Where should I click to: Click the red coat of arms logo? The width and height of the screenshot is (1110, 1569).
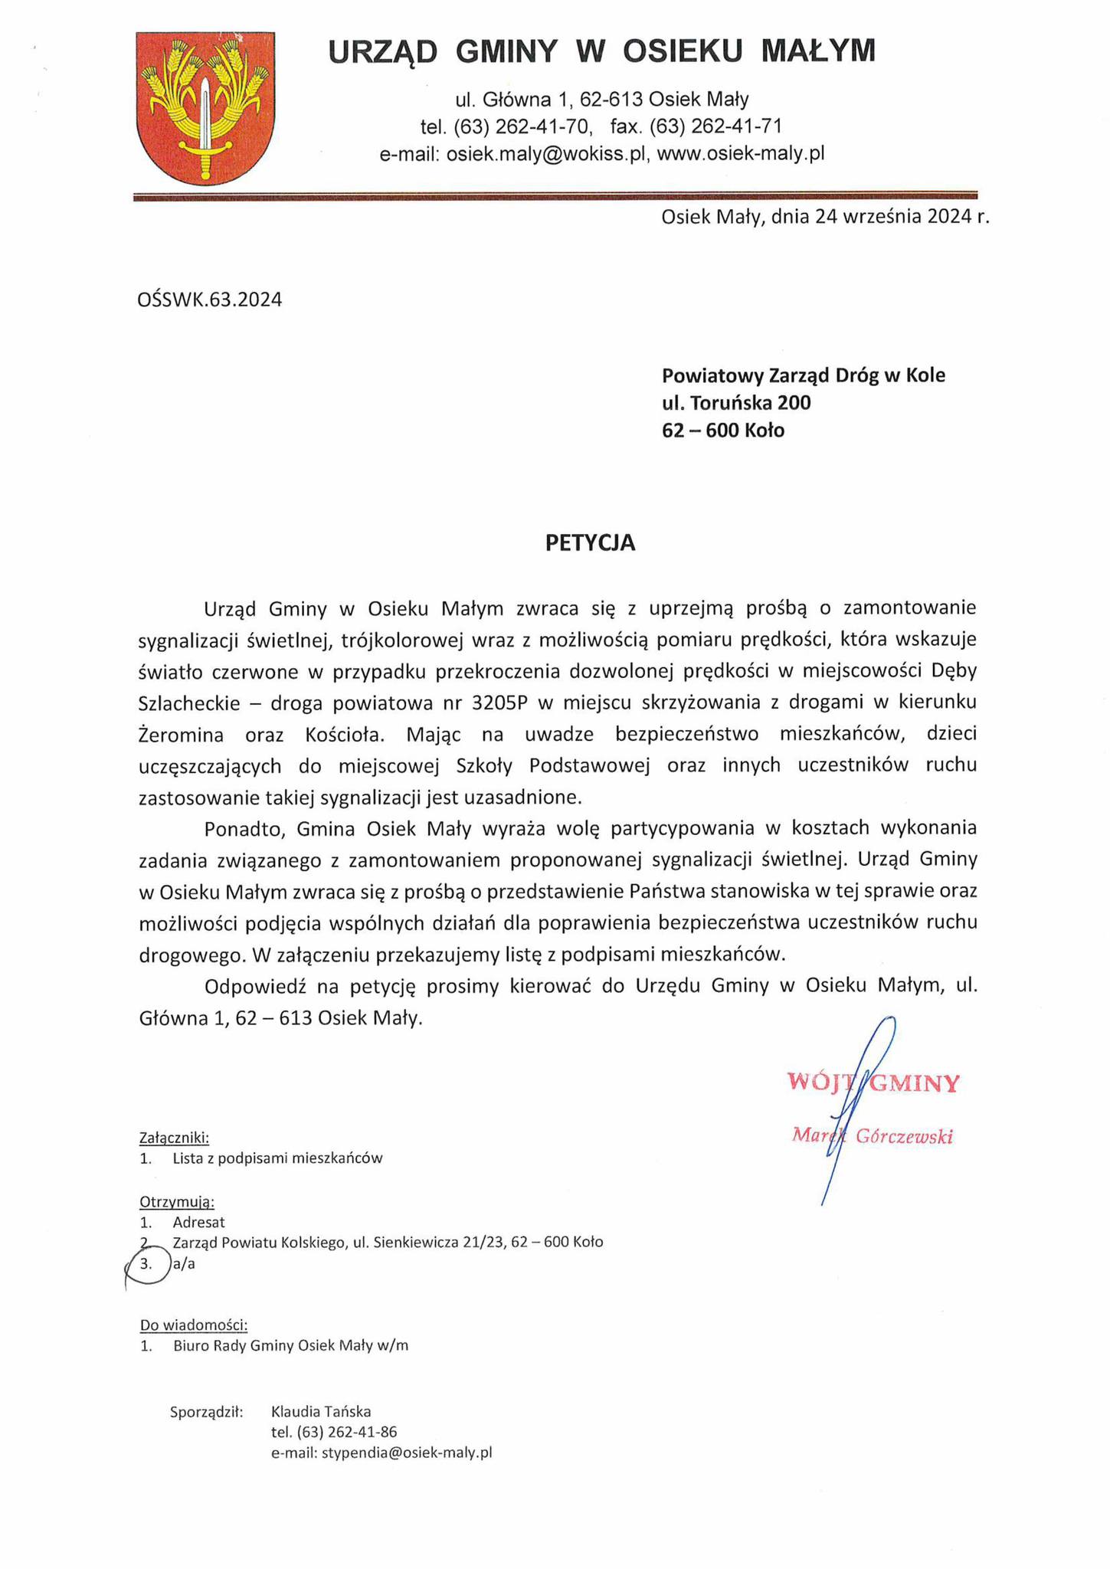coord(205,108)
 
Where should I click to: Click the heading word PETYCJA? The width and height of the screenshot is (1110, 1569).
coord(590,542)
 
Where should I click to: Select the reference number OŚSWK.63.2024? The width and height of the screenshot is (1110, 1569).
coord(209,300)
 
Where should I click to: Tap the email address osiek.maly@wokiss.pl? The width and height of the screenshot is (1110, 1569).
coord(547,154)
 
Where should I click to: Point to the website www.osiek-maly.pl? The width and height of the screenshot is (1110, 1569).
coord(741,154)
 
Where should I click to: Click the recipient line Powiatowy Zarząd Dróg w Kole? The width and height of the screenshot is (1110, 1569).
coord(804,375)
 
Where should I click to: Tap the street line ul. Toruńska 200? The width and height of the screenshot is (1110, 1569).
coord(736,402)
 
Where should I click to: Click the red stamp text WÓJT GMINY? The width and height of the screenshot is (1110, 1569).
coord(873,1083)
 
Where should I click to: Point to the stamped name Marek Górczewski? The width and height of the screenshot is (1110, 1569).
coord(873,1136)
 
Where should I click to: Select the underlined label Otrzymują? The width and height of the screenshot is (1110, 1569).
coord(177,1201)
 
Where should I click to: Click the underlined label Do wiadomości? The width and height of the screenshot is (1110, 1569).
coord(194,1325)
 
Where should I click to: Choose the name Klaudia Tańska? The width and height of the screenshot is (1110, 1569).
coord(321,1411)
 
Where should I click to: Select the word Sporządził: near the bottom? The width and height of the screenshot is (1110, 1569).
coord(206,1411)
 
